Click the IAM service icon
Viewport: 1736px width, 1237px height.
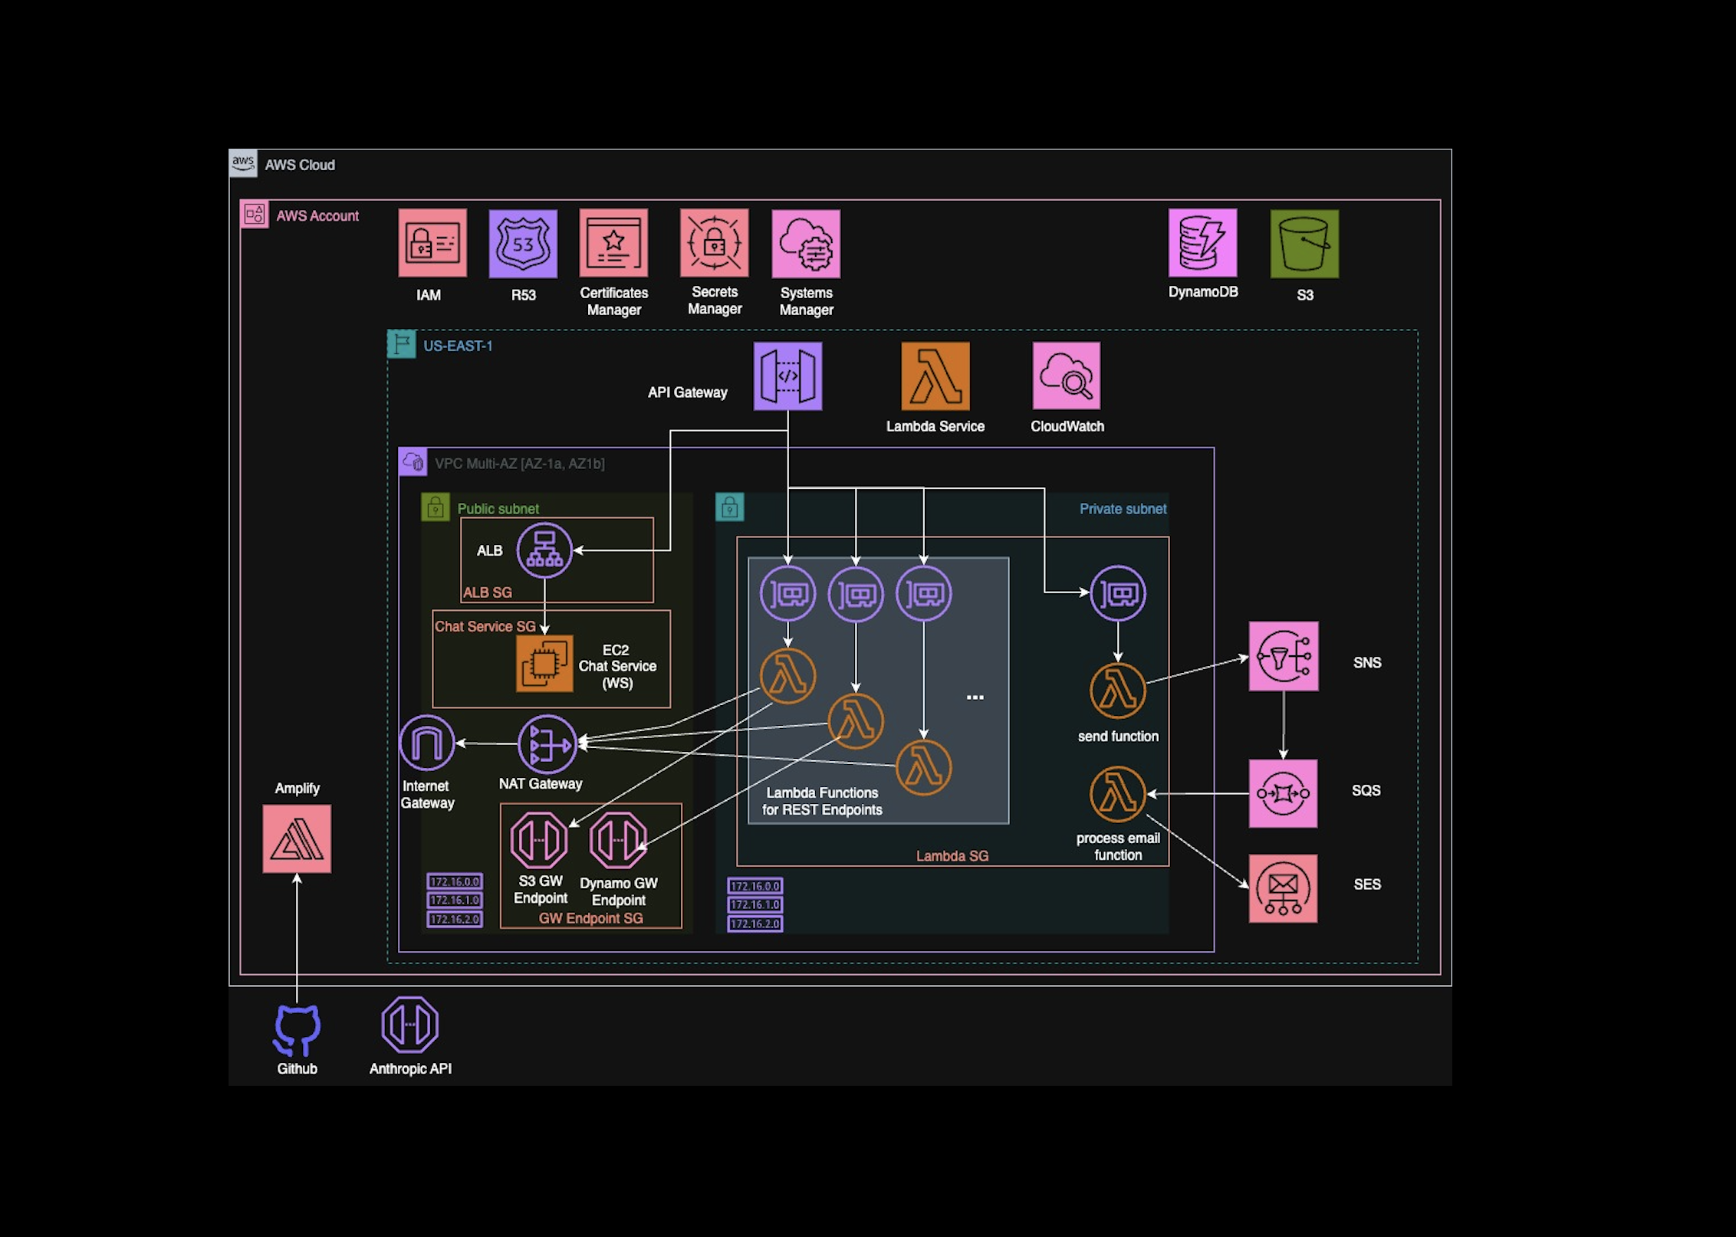pos(432,243)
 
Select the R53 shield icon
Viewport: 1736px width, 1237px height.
pos(523,244)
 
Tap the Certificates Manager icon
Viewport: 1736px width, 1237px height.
pos(613,243)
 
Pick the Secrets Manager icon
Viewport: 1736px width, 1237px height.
pos(714,243)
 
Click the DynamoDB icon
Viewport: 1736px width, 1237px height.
pos(1202,243)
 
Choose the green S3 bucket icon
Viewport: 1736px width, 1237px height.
pos(1304,244)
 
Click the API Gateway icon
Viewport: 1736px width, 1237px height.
pos(787,376)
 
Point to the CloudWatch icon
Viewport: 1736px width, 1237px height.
pos(1067,376)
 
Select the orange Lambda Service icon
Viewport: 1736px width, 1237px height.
pos(935,376)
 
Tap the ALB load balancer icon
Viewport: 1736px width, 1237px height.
pos(544,550)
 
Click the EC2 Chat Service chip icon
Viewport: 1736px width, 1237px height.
pos(544,664)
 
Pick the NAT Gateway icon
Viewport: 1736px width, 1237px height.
pos(547,743)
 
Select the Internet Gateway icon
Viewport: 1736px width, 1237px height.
pos(427,743)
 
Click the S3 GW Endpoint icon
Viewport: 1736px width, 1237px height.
pos(539,840)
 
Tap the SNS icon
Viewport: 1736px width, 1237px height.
pos(1284,657)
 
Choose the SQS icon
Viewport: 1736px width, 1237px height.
pos(1283,794)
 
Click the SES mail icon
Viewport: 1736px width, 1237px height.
pos(1283,889)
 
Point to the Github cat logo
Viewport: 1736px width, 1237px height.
pos(297,1029)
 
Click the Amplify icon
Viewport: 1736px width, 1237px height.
pos(297,838)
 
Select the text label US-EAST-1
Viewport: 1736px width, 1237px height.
pos(458,346)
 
